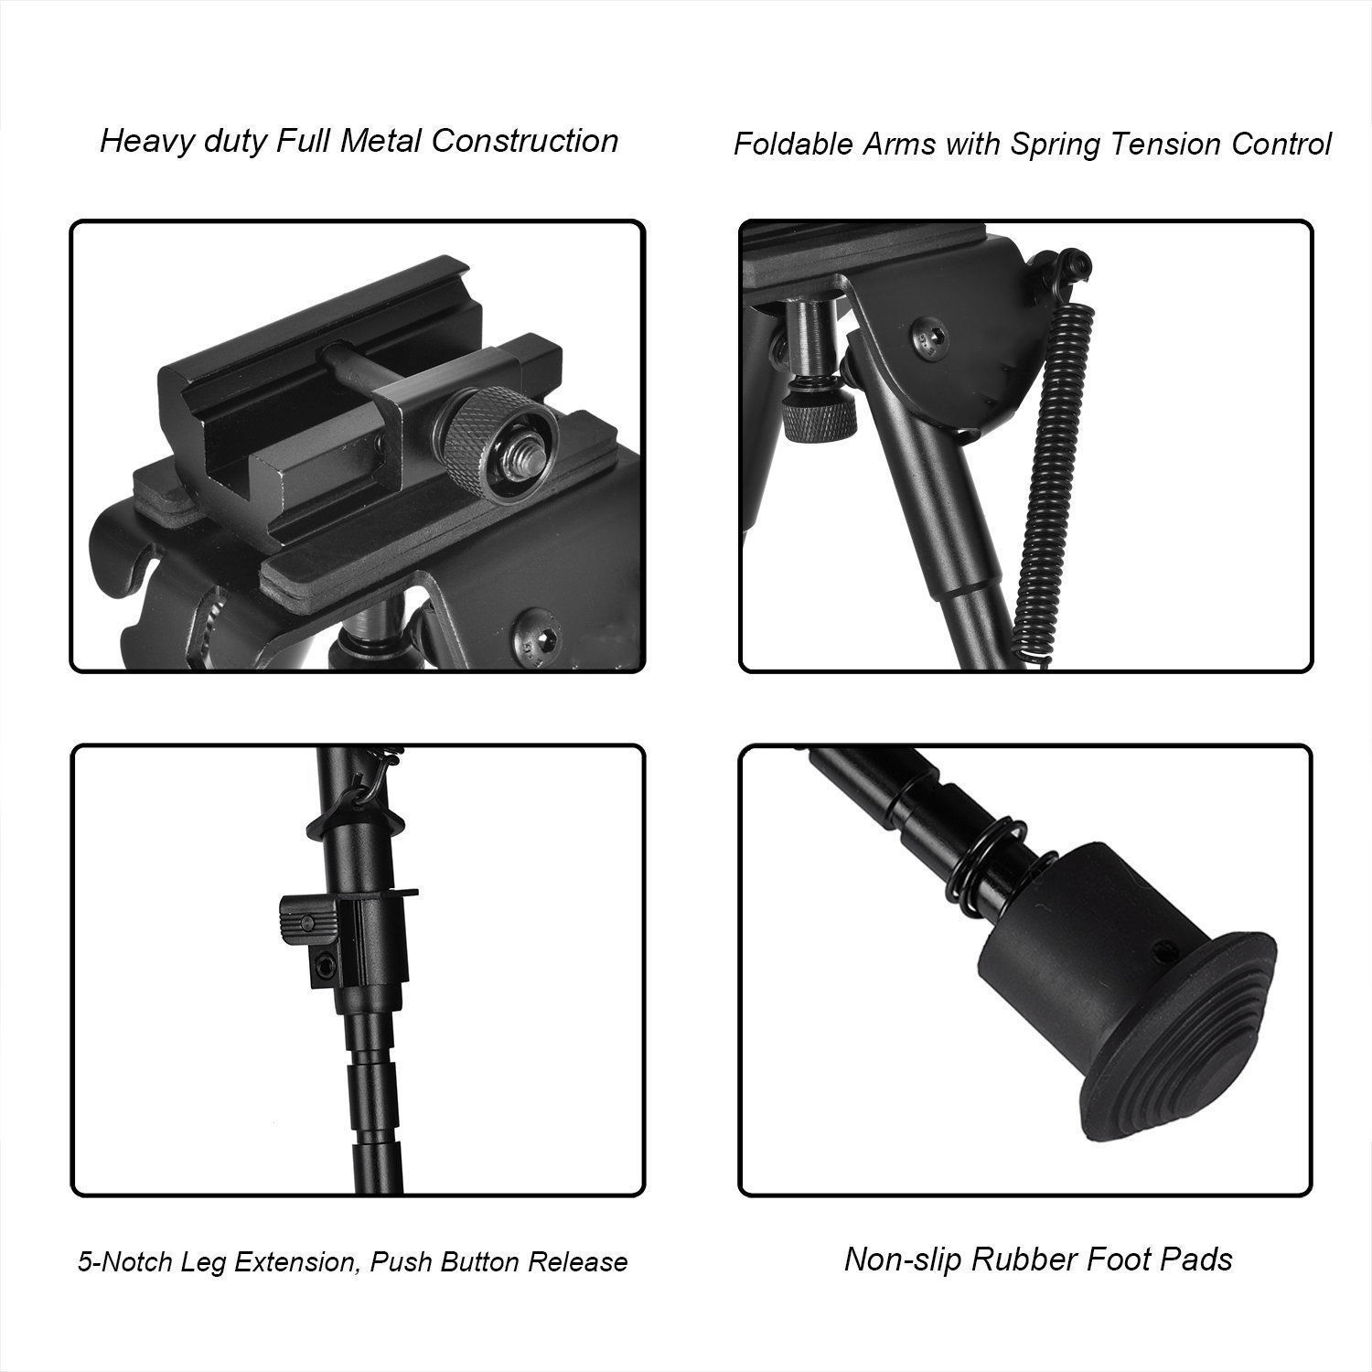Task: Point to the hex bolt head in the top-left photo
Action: (534, 633)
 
